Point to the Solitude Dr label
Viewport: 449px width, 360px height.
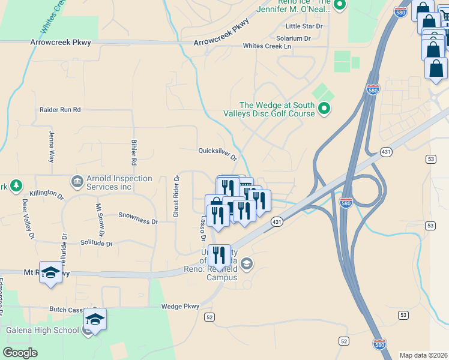[96, 243]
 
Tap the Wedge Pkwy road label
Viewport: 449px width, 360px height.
[180, 307]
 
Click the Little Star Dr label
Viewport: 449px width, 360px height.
[304, 26]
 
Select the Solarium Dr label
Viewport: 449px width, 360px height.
[294, 38]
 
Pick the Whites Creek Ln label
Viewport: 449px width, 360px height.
[267, 46]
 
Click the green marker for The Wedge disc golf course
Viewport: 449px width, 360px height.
[324, 109]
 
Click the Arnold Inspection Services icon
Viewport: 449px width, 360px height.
[77, 181]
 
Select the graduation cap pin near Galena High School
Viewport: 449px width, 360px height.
[95, 319]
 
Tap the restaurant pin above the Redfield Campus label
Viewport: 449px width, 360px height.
[219, 255]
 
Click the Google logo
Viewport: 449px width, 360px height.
[20, 353]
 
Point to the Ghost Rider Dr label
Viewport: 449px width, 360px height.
[176, 196]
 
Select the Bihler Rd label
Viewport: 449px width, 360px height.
[134, 152]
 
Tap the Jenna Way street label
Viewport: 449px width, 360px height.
[51, 149]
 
